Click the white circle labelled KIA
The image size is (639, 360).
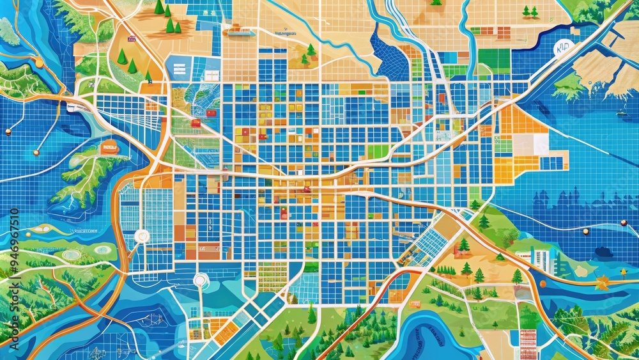[564, 48]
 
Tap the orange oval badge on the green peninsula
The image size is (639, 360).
[109, 148]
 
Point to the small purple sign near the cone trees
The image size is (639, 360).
[132, 39]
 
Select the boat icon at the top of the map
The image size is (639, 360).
[237, 28]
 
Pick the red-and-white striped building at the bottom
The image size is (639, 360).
[528, 343]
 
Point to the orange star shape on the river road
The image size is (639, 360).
[601, 282]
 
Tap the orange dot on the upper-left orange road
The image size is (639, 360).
[40, 63]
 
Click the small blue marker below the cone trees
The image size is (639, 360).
[148, 81]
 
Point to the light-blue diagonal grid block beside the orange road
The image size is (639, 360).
[427, 246]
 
